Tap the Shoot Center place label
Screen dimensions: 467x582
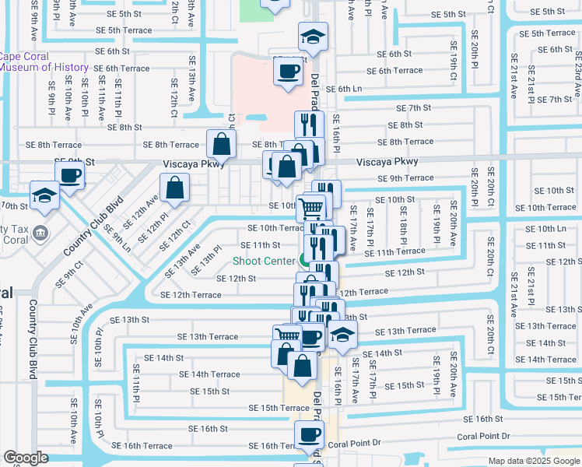coord(264,261)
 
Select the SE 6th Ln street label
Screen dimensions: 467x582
coord(344,90)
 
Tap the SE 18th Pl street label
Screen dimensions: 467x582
coord(405,223)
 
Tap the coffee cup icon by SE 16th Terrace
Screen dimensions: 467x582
coord(308,434)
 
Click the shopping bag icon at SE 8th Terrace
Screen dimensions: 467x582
coord(222,142)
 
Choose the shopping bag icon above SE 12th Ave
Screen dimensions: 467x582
coord(175,186)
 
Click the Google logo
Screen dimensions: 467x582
coord(25,458)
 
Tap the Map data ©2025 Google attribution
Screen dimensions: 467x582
coord(533,461)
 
